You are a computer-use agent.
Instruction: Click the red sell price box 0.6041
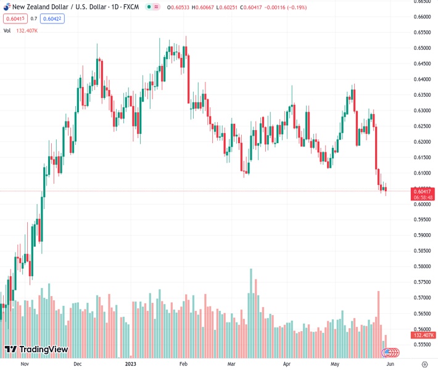13,18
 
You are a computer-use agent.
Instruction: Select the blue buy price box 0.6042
53,18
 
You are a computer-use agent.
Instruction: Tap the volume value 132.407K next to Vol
27,30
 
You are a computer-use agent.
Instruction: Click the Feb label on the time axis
183,364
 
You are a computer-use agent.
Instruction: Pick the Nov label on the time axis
25,364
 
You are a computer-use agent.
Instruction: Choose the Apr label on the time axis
287,364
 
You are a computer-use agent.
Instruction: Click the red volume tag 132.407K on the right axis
423,335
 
